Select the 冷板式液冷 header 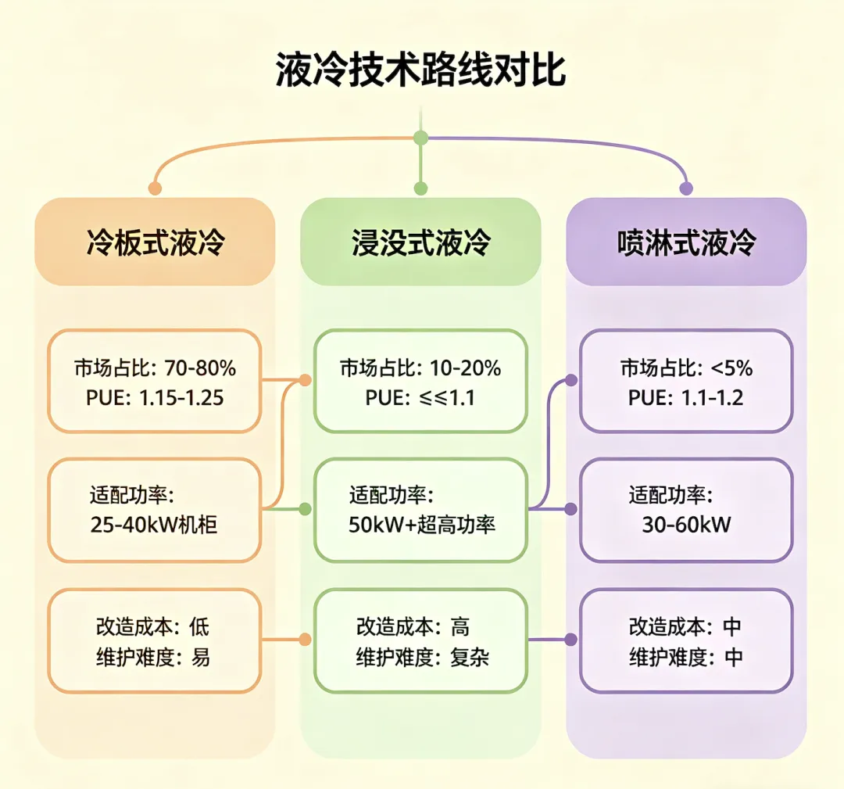[155, 242]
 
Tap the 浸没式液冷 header [420, 242]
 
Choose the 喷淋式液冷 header [686, 242]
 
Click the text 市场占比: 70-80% [155, 368]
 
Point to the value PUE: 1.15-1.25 [155, 398]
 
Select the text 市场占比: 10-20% [420, 368]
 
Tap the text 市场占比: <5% [686, 368]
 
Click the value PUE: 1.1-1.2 [686, 398]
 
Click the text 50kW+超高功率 [422, 525]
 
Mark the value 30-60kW [686, 525]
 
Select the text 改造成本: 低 [152, 626]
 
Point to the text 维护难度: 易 [152, 658]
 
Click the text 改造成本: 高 [413, 626]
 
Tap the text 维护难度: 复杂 [423, 658]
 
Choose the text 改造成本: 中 [685, 626]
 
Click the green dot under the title [420, 138]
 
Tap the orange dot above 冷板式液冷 [155, 188]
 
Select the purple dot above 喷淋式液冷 [686, 188]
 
